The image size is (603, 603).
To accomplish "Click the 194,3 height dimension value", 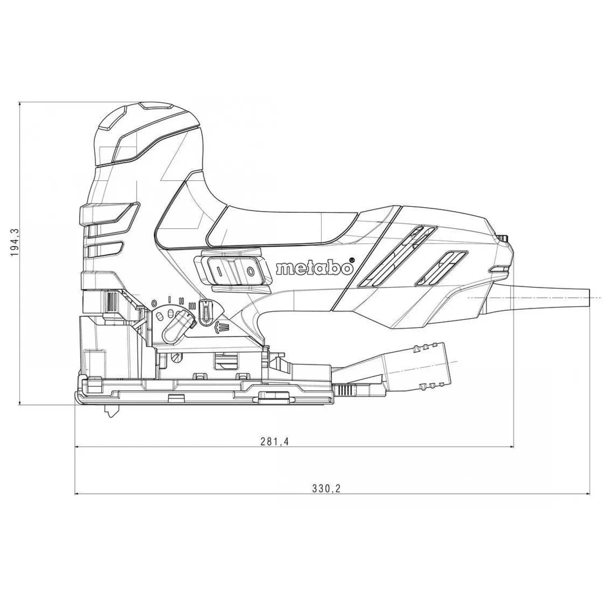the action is (15, 243).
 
